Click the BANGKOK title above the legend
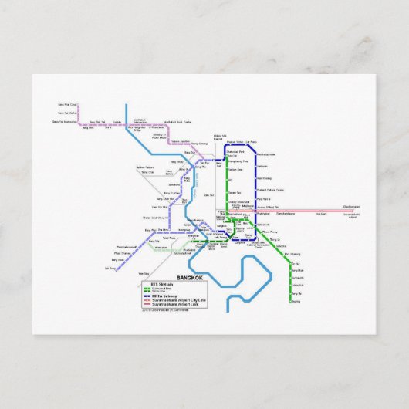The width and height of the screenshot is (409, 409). (190, 278)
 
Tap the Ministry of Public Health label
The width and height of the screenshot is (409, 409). (159, 137)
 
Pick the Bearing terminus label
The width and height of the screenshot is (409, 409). (295, 302)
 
